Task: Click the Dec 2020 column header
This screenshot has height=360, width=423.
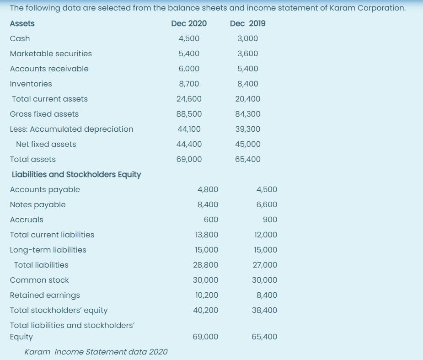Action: tap(189, 23)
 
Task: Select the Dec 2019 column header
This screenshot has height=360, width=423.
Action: tap(248, 23)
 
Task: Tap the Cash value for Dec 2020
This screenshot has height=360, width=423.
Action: tap(189, 38)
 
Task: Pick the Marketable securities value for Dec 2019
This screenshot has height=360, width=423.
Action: tap(248, 54)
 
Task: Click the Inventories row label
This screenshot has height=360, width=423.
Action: tap(31, 84)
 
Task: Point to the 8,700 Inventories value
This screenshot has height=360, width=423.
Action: tap(189, 84)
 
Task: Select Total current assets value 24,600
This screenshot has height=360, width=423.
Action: tap(189, 99)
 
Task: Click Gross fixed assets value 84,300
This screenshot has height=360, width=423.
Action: tap(248, 114)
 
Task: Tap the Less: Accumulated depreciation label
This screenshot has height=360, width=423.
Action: tap(71, 129)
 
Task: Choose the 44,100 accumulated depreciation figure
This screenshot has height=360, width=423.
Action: tap(189, 129)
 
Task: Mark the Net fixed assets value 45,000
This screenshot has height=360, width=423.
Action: tap(248, 144)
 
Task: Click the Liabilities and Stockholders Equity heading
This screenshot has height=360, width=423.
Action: tap(75, 174)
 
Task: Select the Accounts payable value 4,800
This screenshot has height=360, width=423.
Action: tap(208, 189)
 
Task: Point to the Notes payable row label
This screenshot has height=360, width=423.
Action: tap(37, 204)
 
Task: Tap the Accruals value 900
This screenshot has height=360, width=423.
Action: tap(270, 220)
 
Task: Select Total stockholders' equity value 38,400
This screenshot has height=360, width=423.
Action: tap(264, 310)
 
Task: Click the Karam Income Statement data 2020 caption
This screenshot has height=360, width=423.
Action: tap(96, 352)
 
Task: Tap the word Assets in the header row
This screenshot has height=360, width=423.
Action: tap(22, 23)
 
